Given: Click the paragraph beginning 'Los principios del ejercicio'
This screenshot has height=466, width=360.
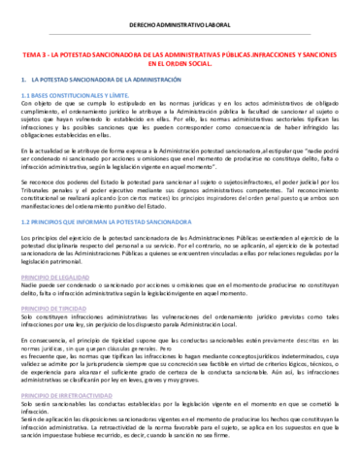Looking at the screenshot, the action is (179, 251).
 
